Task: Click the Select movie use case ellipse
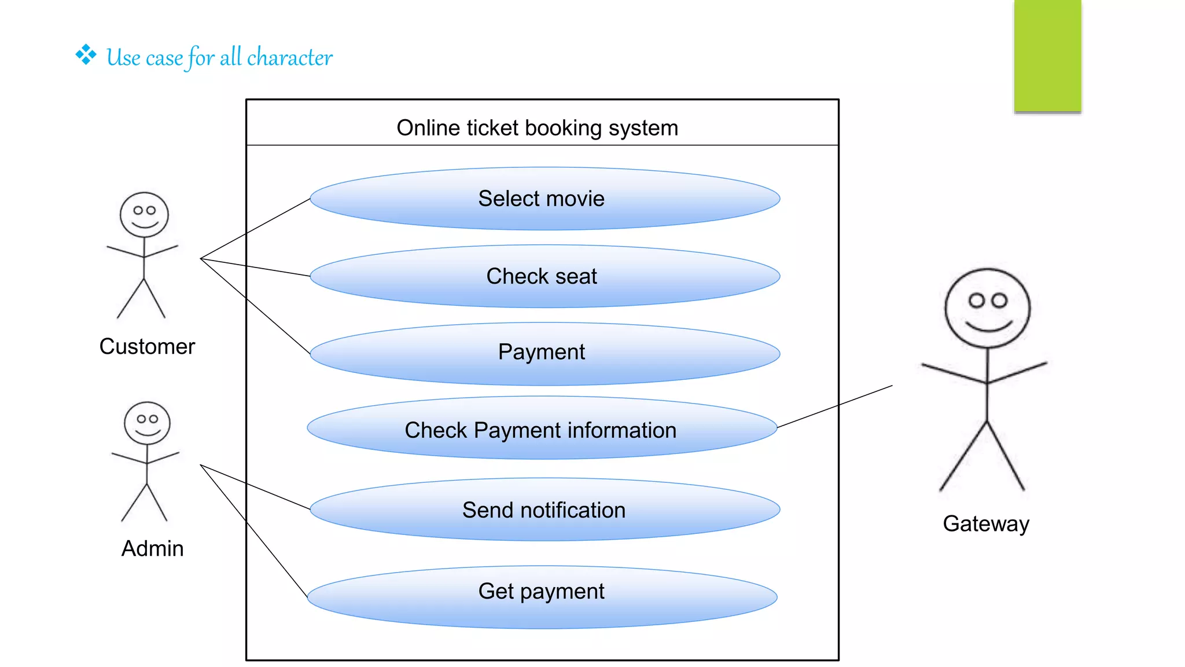click(544, 199)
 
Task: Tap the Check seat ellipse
click(544, 276)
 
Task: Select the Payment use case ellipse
click(544, 353)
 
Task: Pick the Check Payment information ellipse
click(542, 429)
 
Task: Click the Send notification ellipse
click(544, 510)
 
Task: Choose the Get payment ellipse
click(542, 596)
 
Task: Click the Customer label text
click(147, 346)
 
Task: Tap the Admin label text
click(152, 548)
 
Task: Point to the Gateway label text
click(986, 523)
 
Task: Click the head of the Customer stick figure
click(144, 215)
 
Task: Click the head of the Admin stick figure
click(147, 423)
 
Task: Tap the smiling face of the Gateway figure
click(987, 309)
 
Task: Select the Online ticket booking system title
click(537, 128)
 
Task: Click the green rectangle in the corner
click(1047, 55)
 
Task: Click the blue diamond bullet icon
click(86, 55)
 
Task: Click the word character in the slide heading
click(289, 58)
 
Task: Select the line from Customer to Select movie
click(255, 229)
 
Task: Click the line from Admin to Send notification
click(255, 486)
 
